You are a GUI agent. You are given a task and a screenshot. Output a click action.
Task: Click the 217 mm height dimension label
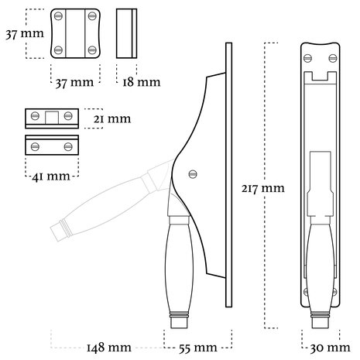click(262, 187)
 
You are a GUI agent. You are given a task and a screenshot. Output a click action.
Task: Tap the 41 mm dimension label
click(50, 176)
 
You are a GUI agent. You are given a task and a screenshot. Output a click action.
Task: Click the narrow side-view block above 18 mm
click(128, 34)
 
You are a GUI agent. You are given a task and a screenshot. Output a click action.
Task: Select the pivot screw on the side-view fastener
click(194, 173)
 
